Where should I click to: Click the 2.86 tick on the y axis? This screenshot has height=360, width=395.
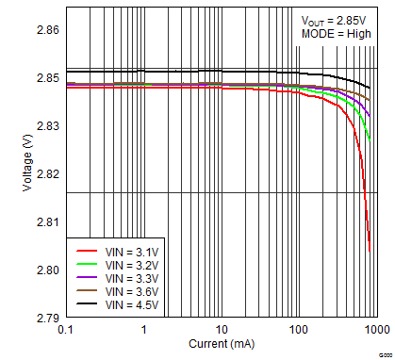click(x=46, y=30)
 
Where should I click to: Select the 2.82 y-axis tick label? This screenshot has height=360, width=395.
click(x=46, y=174)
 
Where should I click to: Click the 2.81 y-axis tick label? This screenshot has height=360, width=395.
click(x=46, y=222)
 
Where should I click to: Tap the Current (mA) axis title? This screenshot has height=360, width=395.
click(x=222, y=346)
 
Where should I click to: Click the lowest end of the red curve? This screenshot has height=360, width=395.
click(x=370, y=252)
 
